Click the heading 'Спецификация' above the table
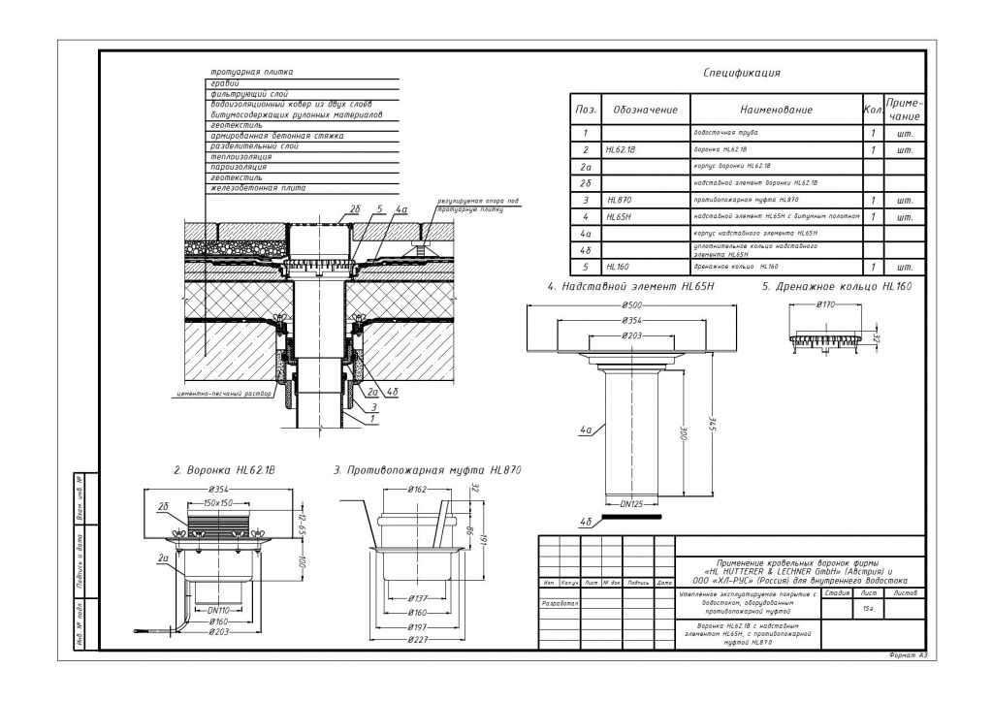741,73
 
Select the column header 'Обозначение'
645,110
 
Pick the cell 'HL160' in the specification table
618,266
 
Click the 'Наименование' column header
776,110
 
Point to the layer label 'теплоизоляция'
236,155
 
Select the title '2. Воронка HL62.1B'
231,469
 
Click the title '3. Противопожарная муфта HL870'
428,469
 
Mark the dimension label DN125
631,503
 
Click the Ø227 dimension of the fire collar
418,641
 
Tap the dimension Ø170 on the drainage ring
825,304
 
